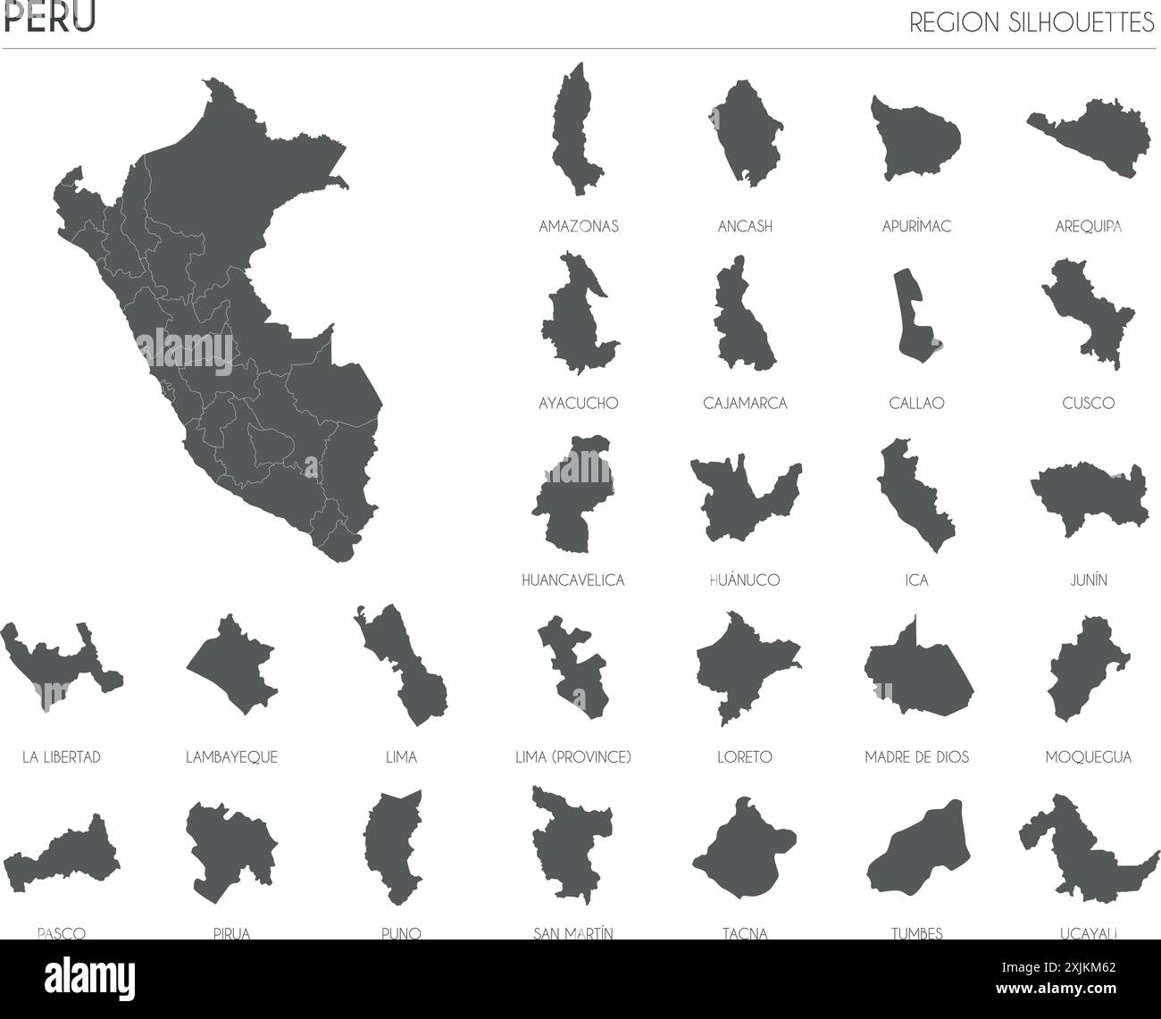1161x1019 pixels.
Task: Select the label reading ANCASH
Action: pyautogui.click(x=745, y=227)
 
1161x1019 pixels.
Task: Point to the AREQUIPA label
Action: pyautogui.click(x=1088, y=227)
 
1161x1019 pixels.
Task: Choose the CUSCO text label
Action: pyautogui.click(x=1088, y=403)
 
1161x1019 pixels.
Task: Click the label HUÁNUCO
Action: pyautogui.click(x=745, y=580)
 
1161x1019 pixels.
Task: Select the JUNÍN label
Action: pyautogui.click(x=1088, y=580)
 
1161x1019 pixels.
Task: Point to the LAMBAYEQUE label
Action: pyautogui.click(x=231, y=757)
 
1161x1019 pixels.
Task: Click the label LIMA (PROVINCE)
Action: pyautogui.click(x=573, y=757)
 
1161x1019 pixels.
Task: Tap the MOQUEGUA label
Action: pyautogui.click(x=1088, y=757)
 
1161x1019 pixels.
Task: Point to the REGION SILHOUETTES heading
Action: pyautogui.click(x=1032, y=23)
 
